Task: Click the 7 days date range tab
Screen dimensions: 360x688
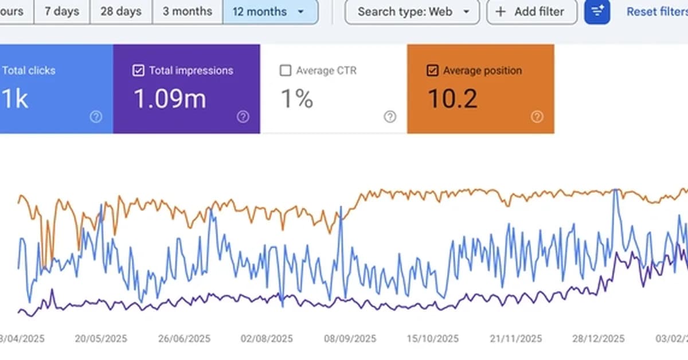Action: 61,11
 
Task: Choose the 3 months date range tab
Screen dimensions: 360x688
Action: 187,11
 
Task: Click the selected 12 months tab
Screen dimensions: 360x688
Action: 270,11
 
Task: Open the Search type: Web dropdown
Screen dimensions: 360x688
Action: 412,11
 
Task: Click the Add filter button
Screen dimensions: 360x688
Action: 531,11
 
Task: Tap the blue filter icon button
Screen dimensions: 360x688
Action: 597,11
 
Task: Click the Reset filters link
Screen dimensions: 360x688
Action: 656,11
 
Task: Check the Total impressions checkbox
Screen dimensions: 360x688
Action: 138,71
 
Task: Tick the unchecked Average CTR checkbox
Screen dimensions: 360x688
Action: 285,71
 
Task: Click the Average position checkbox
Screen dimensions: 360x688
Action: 433,71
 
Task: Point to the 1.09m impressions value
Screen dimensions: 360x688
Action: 170,99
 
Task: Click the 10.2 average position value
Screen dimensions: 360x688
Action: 452,99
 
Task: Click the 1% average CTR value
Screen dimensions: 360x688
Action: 296,99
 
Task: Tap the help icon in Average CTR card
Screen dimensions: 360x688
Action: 390,117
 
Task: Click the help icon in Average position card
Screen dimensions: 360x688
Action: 537,117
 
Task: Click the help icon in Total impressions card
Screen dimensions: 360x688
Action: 243,117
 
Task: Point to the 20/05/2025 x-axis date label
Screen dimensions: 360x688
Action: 101,339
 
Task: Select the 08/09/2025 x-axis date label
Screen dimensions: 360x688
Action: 350,339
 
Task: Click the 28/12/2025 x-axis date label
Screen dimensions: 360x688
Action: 599,339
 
